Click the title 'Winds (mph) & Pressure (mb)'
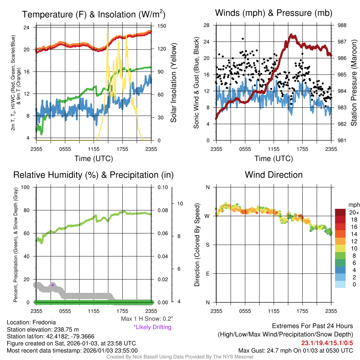click(x=274, y=13)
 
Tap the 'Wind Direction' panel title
click(x=274, y=175)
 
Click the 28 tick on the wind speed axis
click(x=207, y=25)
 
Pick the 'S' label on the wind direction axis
click(x=207, y=245)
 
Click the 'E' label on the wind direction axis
click(x=207, y=274)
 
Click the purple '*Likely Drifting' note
click(x=152, y=327)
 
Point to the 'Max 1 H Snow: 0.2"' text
click(x=147, y=319)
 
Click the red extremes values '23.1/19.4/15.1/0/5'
click(x=327, y=342)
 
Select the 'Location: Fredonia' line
click(x=31, y=322)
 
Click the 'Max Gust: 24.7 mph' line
click(x=295, y=351)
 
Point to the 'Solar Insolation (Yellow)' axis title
click(x=173, y=83)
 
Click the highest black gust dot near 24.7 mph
click(x=243, y=39)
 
